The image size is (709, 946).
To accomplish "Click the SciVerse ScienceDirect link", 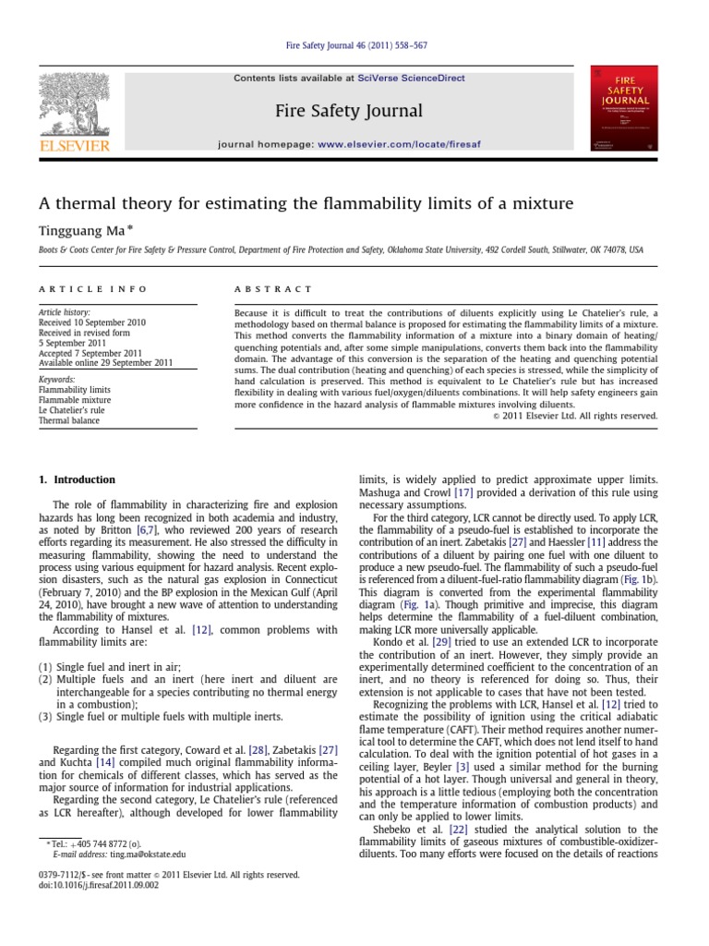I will (x=415, y=79).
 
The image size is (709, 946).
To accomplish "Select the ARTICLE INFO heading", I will (x=92, y=289).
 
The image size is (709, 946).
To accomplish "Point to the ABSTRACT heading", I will (x=275, y=289).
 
